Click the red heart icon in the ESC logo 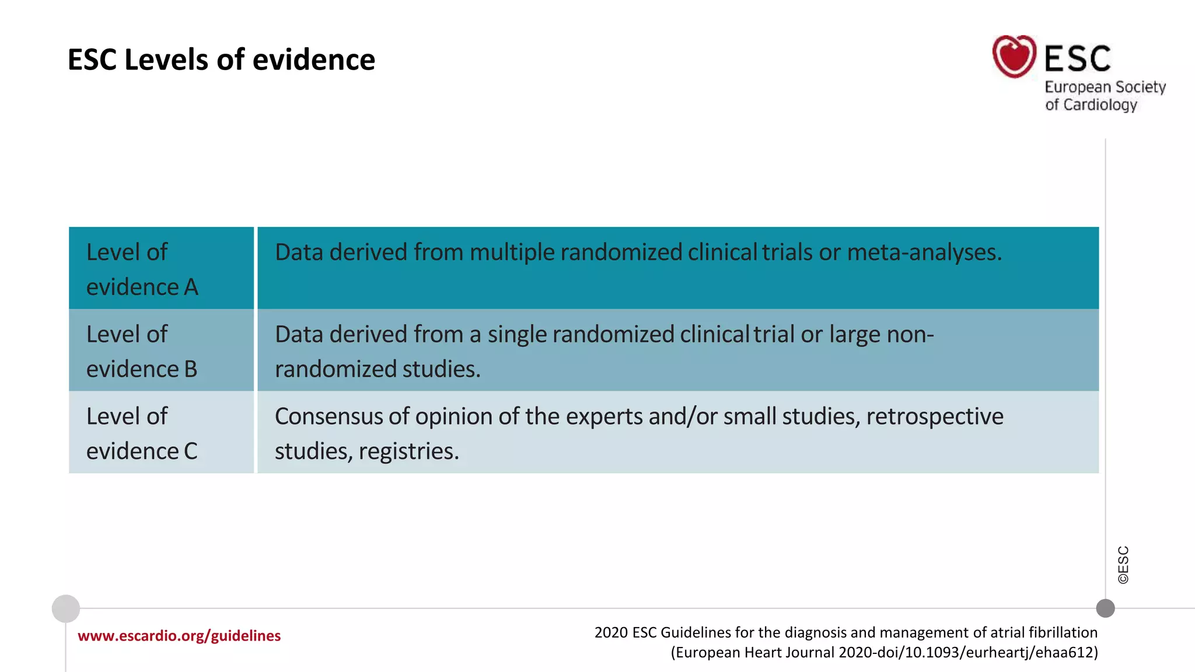(x=1014, y=57)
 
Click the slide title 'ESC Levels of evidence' (x=221, y=60)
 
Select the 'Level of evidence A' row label (x=142, y=269)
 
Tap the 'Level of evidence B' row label (x=142, y=351)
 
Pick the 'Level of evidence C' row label (x=142, y=433)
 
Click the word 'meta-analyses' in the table (x=924, y=252)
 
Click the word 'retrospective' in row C (x=935, y=416)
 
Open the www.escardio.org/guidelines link (x=179, y=636)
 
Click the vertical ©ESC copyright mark (x=1123, y=565)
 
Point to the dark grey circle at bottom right (x=1105, y=608)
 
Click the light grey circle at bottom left (x=66, y=609)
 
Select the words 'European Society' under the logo (x=1105, y=87)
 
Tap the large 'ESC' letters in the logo (x=1077, y=59)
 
